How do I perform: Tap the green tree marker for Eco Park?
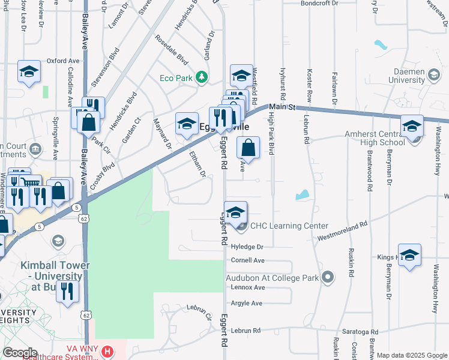pos(202,77)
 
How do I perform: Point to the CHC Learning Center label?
pos(289,226)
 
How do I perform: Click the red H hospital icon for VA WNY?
pos(107,351)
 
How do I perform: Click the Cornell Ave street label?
pos(247,260)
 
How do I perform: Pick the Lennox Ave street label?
pos(247,287)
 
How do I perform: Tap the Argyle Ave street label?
pos(247,303)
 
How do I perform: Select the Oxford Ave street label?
pos(63,61)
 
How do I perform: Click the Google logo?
pos(20,352)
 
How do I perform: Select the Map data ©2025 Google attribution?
pos(411,355)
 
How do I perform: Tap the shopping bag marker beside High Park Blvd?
pos(248,146)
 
